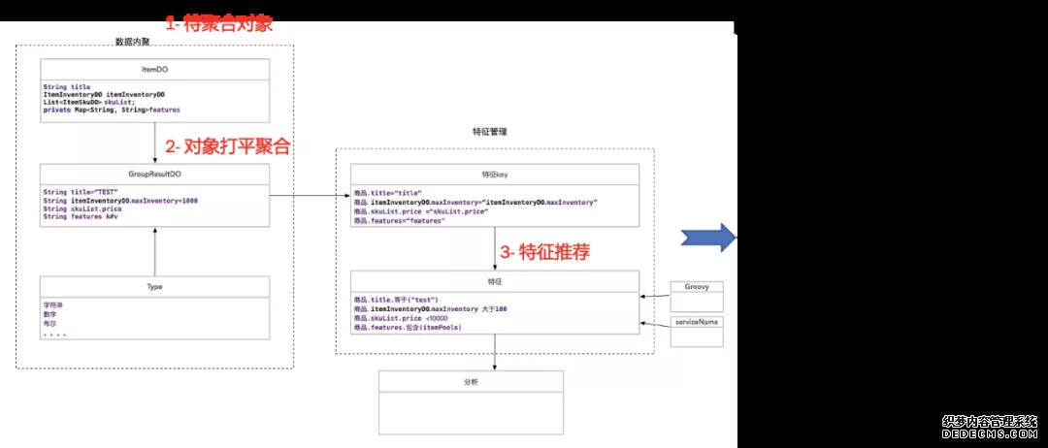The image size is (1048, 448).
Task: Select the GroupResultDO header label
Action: click(x=155, y=175)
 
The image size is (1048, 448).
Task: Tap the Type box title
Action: click(x=155, y=287)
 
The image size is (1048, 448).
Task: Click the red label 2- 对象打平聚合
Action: click(x=227, y=147)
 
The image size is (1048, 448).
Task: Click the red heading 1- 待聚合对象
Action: click(x=217, y=24)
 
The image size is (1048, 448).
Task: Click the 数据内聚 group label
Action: click(x=133, y=42)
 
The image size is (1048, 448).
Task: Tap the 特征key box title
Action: click(x=495, y=175)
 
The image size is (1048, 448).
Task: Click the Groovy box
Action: click(x=697, y=294)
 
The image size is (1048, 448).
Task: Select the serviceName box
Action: click(x=697, y=331)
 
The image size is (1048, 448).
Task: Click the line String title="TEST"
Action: click(x=81, y=192)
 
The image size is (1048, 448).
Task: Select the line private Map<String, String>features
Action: click(x=112, y=111)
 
